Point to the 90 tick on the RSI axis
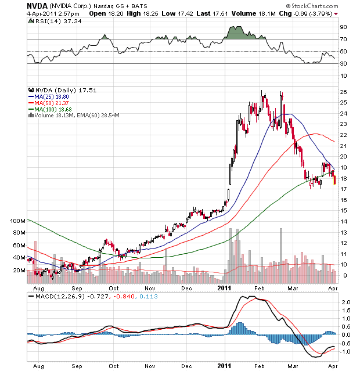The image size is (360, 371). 343,27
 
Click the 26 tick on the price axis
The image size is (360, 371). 343,92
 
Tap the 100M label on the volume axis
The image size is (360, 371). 19,221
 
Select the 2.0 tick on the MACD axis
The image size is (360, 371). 344,302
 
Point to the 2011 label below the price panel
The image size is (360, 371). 225,287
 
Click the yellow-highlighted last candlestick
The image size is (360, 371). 334,179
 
